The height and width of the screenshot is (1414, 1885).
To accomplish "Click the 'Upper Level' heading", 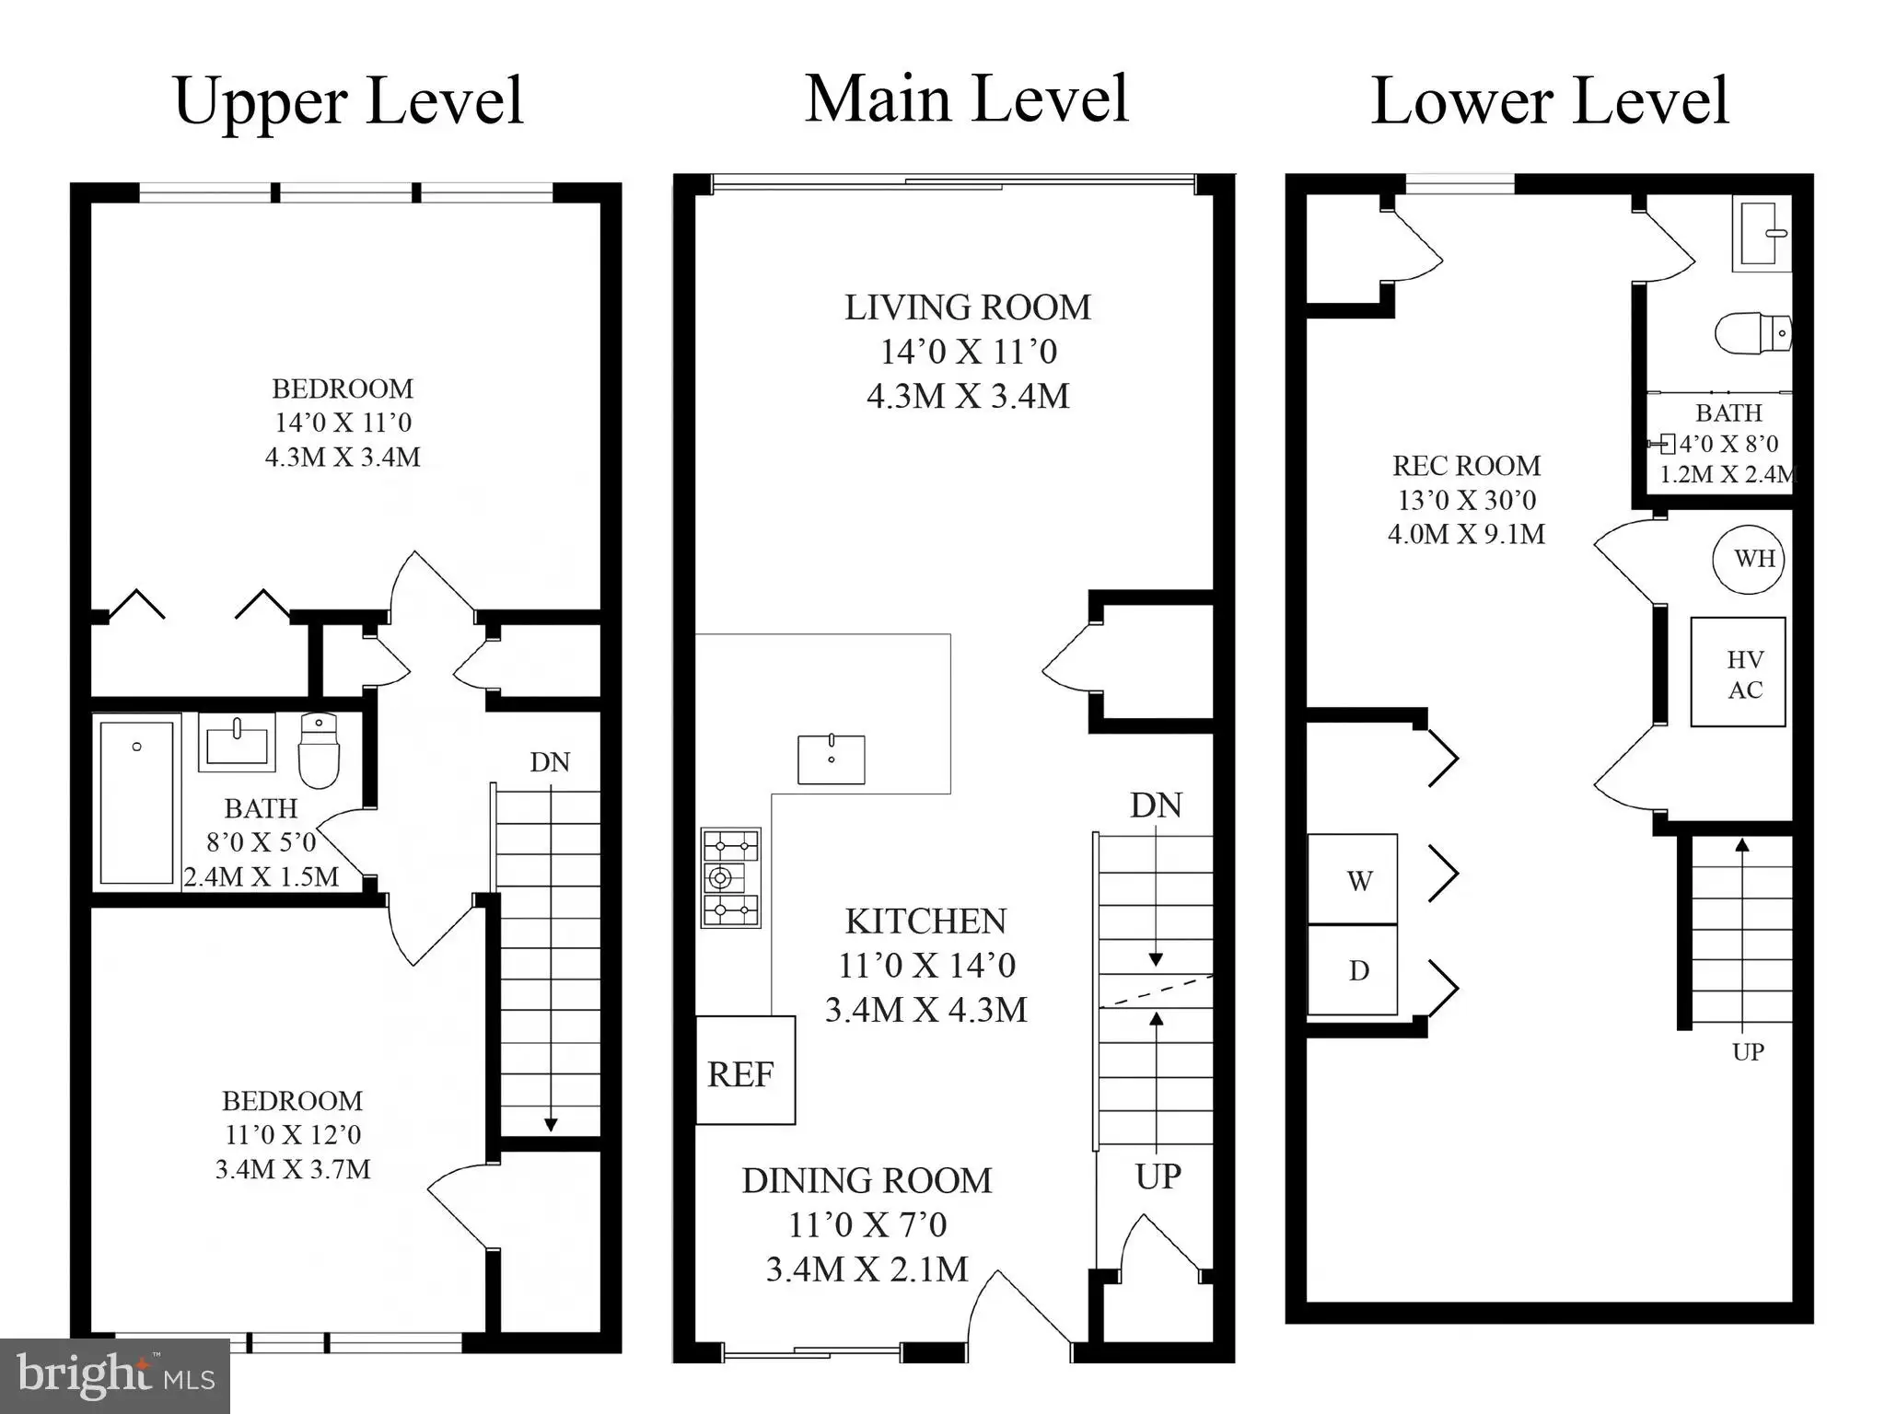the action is tap(348, 101).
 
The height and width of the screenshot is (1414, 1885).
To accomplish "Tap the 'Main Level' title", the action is tap(967, 99).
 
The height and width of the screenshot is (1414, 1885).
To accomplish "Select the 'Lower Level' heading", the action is tap(1550, 101).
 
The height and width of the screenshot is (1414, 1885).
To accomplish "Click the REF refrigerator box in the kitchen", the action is tap(745, 1070).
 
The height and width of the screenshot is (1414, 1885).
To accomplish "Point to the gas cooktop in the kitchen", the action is tap(731, 877).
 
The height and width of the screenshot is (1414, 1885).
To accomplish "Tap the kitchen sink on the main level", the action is tap(831, 759).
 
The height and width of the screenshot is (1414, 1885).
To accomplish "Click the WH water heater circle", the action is tap(1749, 559).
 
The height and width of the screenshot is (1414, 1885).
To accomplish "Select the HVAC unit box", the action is tap(1738, 672).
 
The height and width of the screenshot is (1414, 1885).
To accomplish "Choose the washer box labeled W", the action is tap(1353, 879).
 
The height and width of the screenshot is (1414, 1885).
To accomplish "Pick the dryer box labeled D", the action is tap(1353, 969).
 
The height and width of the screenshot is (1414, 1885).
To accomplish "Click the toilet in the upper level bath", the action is tap(320, 751).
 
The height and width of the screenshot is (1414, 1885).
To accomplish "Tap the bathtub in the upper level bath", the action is tap(136, 803).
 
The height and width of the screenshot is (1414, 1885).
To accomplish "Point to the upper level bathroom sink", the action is tap(237, 742).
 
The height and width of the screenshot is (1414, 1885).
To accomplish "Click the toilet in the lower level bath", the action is tap(1753, 332).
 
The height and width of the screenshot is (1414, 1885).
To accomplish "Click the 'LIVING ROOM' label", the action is tap(968, 307).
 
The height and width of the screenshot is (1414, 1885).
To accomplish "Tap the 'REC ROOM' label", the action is tap(1466, 466).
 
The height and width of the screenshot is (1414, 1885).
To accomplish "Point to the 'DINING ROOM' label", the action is tap(867, 1181).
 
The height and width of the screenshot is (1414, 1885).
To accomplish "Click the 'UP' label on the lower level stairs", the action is tap(1748, 1051).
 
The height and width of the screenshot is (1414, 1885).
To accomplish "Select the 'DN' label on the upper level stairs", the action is tap(550, 762).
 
